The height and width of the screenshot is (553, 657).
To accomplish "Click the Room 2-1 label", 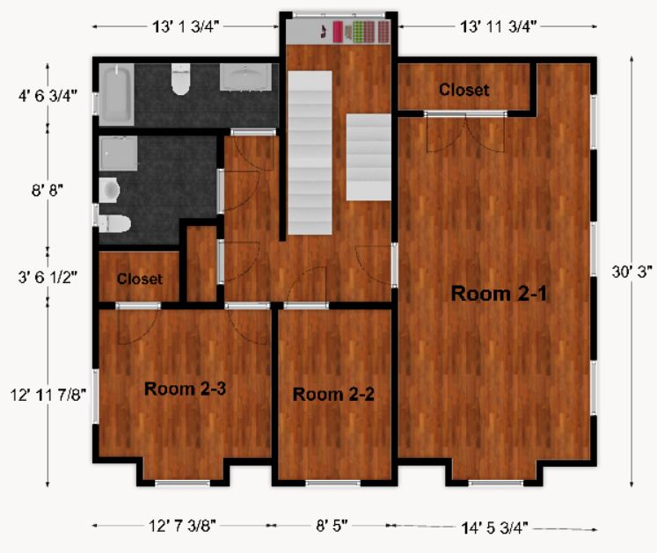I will (x=500, y=294).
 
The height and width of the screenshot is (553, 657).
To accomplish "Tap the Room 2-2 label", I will (x=333, y=394).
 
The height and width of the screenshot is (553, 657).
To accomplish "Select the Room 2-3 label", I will (x=186, y=389).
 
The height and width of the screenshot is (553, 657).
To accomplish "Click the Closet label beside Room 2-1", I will (x=464, y=90).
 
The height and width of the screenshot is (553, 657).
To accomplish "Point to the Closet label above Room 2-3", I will (x=140, y=279).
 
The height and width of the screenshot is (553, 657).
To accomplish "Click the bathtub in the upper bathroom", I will (x=115, y=94).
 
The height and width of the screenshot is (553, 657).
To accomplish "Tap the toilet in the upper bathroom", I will (x=181, y=80).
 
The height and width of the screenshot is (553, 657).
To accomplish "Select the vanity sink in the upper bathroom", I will (x=245, y=78).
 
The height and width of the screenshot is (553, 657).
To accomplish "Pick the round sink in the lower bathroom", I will (x=110, y=188).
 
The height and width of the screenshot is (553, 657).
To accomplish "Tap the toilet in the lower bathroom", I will (x=113, y=222).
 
